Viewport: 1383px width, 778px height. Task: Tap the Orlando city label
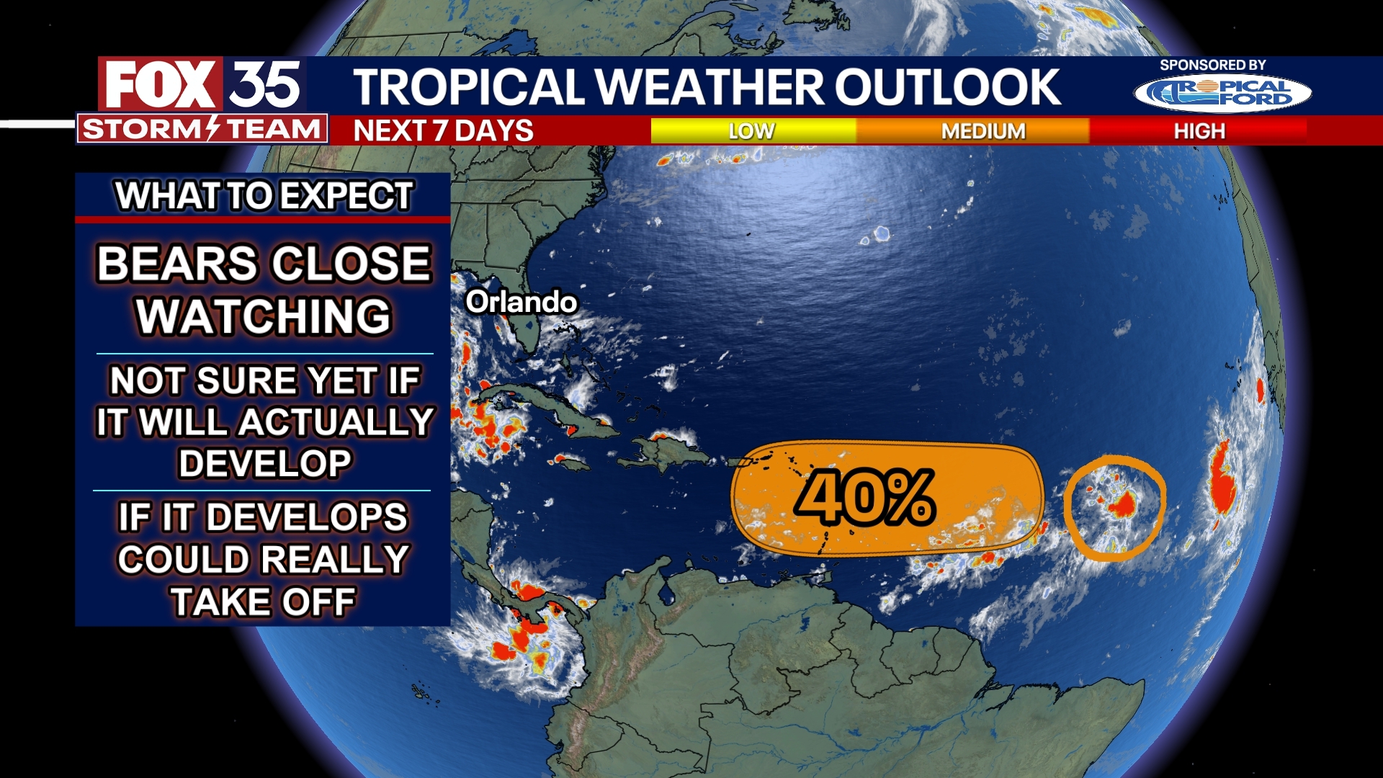tap(521, 302)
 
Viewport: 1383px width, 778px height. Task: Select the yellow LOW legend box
tap(753, 131)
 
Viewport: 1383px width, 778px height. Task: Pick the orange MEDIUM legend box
tap(983, 131)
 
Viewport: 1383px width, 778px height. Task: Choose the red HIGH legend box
tap(1199, 131)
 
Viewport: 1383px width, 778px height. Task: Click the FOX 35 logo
tap(202, 84)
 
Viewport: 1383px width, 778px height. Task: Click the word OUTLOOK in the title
tap(948, 87)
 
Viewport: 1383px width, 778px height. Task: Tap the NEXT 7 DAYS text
tap(443, 131)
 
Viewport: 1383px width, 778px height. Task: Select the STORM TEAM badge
tap(202, 130)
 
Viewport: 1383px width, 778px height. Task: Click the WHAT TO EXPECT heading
tap(264, 196)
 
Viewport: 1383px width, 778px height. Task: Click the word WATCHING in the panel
tap(264, 316)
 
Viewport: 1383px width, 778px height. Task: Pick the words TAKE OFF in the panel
tap(264, 602)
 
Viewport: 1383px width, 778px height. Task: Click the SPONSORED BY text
tap(1212, 65)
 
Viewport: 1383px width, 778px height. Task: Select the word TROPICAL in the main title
tap(468, 87)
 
